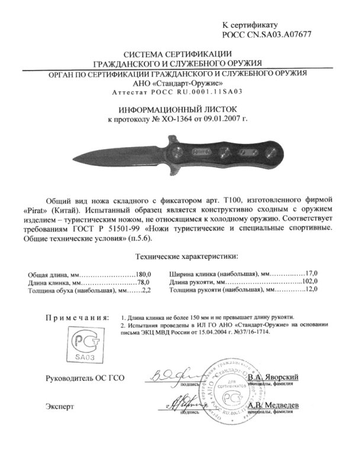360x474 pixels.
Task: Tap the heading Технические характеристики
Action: click(x=179, y=257)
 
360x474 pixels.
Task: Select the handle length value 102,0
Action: click(x=309, y=282)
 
